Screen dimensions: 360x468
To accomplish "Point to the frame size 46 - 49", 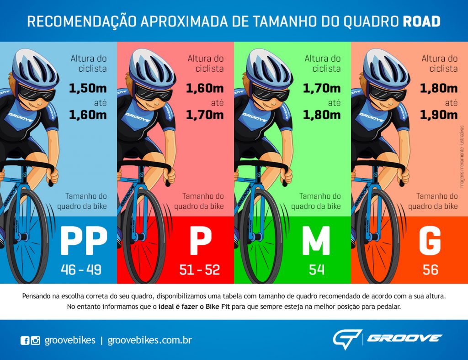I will click(x=81, y=270).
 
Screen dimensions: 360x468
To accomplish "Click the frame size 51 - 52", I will click(x=199, y=270).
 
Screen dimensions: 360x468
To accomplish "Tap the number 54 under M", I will click(x=316, y=270).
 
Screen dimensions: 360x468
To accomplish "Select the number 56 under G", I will click(x=431, y=270).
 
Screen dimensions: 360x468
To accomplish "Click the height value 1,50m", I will click(x=88, y=88).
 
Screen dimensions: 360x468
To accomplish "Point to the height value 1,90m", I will click(x=439, y=115).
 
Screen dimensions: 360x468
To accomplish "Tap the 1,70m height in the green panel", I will click(x=322, y=88).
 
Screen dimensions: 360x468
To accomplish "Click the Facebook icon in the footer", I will click(x=25, y=340).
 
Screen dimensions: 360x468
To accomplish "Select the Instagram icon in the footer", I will click(x=35, y=340).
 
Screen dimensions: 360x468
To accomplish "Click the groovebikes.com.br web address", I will click(x=149, y=340).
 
